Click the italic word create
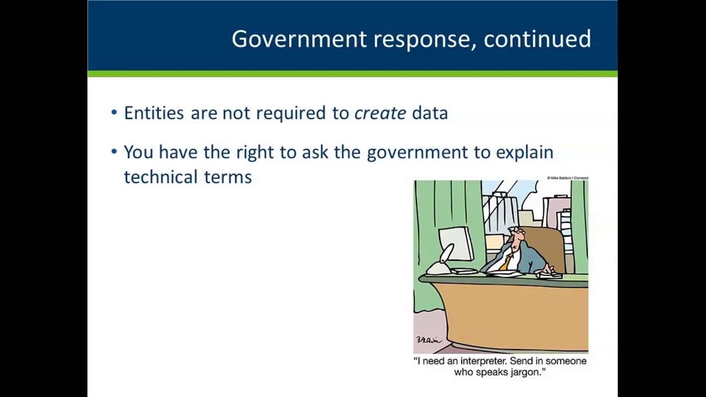click(380, 113)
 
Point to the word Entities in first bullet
click(154, 113)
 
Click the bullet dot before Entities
click(114, 113)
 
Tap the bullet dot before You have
click(114, 152)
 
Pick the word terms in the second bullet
click(228, 176)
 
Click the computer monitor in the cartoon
click(456, 244)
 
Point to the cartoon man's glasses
click(516, 233)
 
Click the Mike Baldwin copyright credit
click(567, 178)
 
